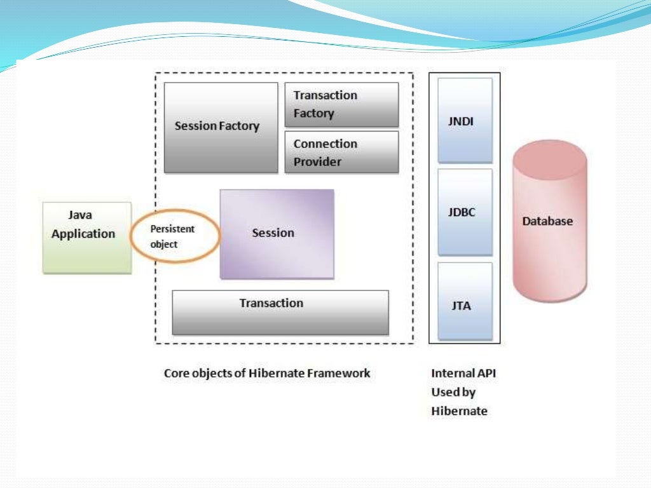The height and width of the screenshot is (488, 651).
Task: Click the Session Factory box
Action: pyautogui.click(x=221, y=127)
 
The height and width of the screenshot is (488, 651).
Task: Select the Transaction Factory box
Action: pyautogui.click(x=341, y=104)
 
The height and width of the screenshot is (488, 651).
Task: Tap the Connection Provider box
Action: pyautogui.click(x=341, y=152)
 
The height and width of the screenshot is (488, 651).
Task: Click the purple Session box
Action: pyautogui.click(x=277, y=234)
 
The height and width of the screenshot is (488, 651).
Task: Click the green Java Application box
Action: pyautogui.click(x=86, y=238)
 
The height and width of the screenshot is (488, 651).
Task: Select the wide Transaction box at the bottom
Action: pyautogui.click(x=280, y=312)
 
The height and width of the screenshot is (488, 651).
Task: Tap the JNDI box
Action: pyautogui.click(x=465, y=120)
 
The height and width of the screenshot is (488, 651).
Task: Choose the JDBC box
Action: pyautogui.click(x=465, y=212)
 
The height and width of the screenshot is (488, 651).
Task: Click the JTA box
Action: pyautogui.click(x=465, y=301)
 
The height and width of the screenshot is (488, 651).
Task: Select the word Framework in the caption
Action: pyautogui.click(x=338, y=374)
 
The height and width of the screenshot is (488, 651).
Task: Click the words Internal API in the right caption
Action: pyautogui.click(x=463, y=374)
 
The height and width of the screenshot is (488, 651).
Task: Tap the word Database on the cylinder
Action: pyautogui.click(x=547, y=221)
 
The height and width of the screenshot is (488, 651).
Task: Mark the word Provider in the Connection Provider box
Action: pyautogui.click(x=317, y=162)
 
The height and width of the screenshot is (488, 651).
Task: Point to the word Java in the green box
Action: pyautogui.click(x=80, y=215)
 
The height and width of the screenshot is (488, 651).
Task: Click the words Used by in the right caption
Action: pyautogui.click(x=453, y=392)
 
